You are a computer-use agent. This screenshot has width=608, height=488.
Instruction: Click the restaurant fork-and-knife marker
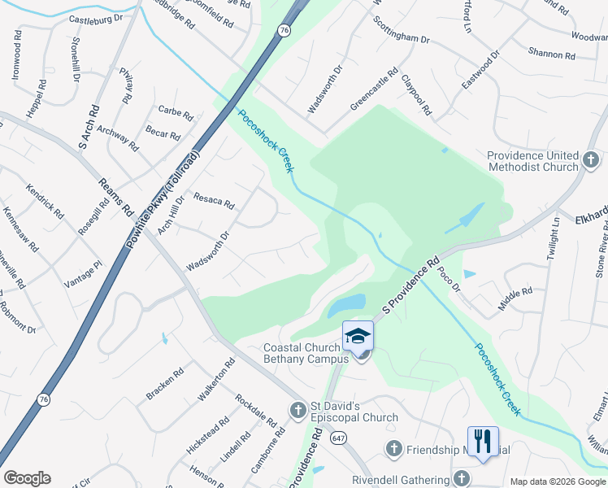(483, 441)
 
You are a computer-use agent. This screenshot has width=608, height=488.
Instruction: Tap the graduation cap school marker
(358, 335)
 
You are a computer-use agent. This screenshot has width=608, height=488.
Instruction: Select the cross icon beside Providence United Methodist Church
(591, 160)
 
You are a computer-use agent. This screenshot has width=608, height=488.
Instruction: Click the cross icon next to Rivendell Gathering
(462, 479)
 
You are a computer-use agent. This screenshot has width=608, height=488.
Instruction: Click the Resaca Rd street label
(214, 200)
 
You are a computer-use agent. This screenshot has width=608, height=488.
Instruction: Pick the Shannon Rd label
(551, 54)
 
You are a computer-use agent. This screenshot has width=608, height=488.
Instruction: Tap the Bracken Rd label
(165, 383)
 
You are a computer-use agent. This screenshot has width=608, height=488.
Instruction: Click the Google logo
(27, 478)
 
